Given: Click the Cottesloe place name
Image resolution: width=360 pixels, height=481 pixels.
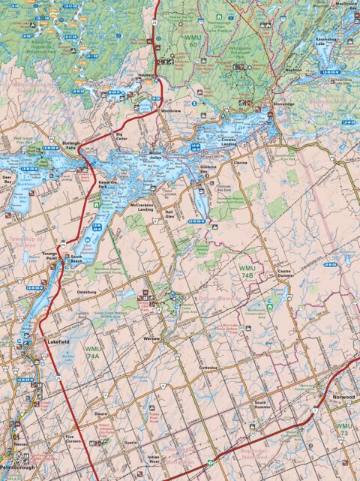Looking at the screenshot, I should click(x=208, y=368).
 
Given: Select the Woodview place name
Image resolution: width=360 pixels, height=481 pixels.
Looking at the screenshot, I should click(x=171, y=111).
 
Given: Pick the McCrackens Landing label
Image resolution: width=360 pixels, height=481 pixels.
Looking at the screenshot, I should click(x=142, y=208).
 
